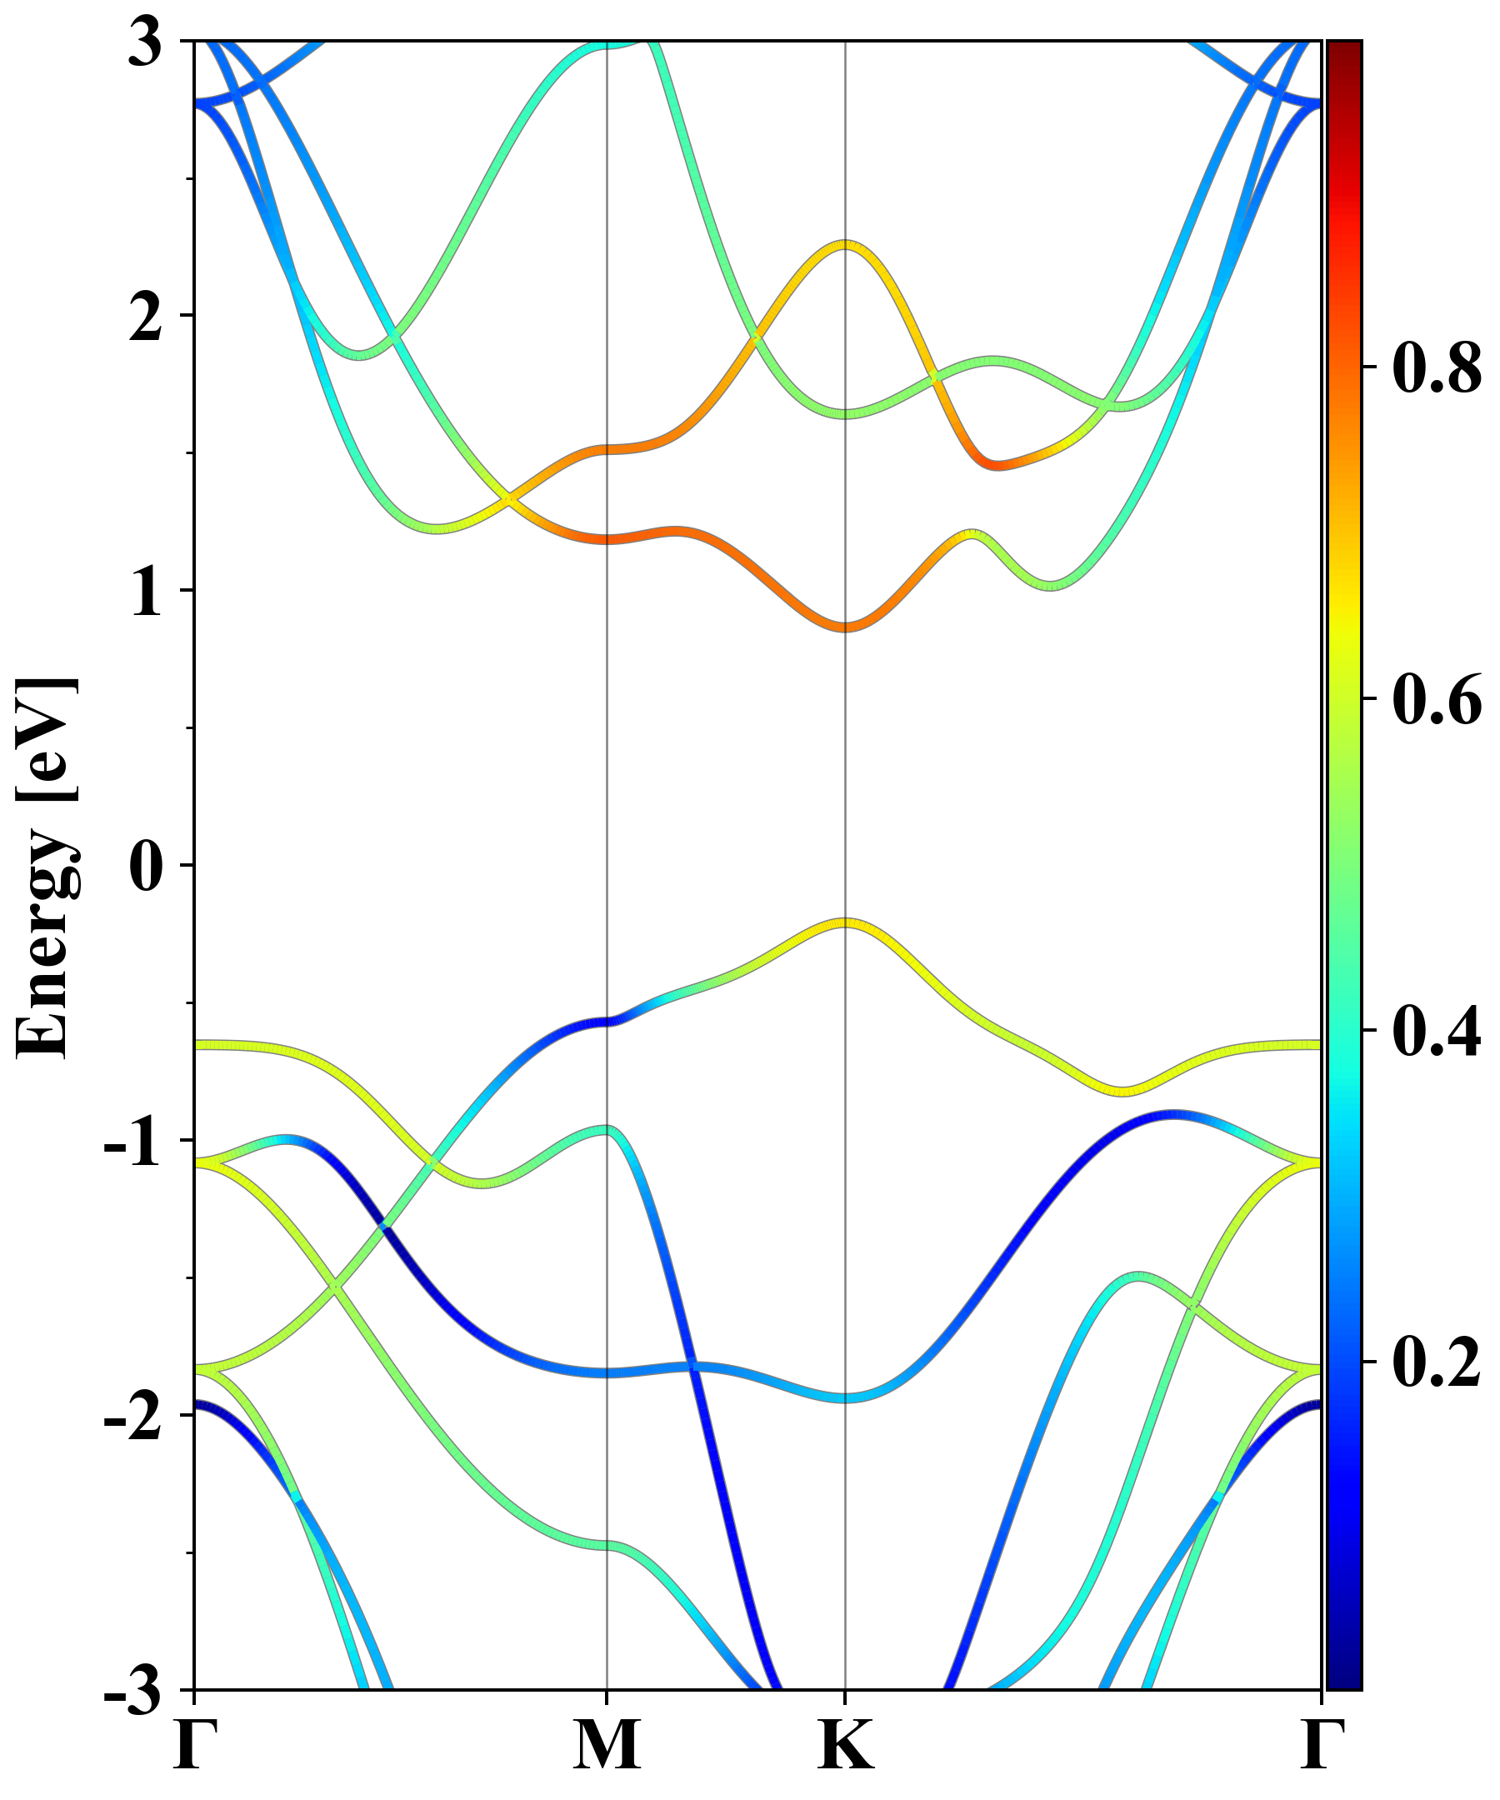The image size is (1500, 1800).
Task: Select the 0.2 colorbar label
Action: [1437, 1362]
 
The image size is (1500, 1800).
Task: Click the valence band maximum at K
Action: [845, 923]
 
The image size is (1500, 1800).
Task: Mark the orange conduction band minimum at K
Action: [845, 627]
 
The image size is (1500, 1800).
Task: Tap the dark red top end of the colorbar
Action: [1343, 52]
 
